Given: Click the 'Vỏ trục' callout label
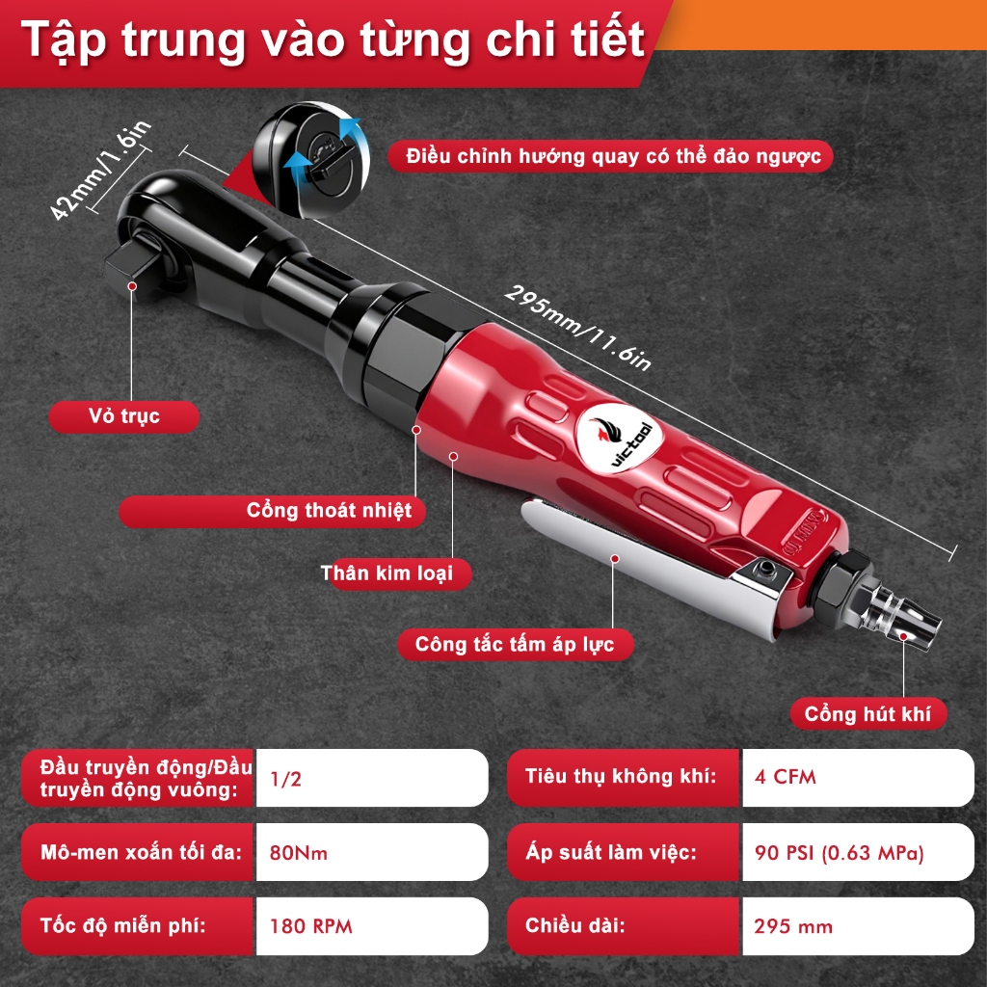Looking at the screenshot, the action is pos(124,416).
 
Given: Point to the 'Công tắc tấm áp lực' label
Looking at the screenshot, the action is pos(515,645).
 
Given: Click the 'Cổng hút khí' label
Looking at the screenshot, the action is pos(868,714).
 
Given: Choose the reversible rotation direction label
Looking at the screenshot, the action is pos(610,156).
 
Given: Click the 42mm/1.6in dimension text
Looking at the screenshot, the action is pos(100,170).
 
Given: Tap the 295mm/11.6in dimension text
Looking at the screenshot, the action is pos(577,328).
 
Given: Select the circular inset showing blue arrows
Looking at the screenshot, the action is pos(311,160).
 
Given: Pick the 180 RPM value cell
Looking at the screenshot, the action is pos(371,926).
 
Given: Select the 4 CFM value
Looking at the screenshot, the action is pos(785,778).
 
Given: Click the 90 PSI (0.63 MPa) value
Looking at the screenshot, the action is pos(840,853).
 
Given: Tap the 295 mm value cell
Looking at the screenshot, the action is pos(858,926).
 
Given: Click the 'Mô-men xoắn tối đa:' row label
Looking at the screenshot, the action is pos(141,852).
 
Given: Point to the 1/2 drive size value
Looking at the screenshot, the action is pos(285,779).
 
